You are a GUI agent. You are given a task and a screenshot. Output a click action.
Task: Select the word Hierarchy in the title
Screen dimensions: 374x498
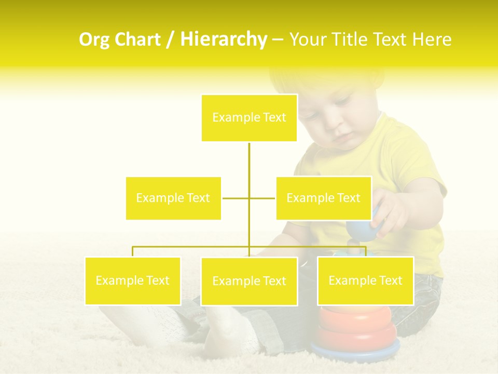click(223, 40)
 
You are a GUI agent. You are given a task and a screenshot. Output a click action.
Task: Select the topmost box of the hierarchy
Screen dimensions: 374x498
click(249, 118)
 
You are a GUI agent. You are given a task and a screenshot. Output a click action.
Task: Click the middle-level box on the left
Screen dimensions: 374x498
click(173, 198)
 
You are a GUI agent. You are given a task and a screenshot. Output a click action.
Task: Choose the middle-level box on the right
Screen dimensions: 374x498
click(323, 198)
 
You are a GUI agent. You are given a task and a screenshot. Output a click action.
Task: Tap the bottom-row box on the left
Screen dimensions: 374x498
click(133, 280)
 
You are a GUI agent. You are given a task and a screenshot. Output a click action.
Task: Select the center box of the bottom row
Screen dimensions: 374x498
click(249, 281)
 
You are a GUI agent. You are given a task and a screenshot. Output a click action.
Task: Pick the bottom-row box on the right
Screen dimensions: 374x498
click(365, 280)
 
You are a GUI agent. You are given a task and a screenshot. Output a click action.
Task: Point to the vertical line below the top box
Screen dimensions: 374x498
click(249, 161)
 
